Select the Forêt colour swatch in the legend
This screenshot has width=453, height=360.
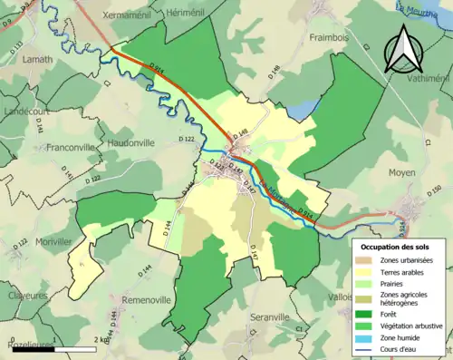tap(367, 311)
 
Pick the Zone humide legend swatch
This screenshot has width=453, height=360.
tap(367, 335)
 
